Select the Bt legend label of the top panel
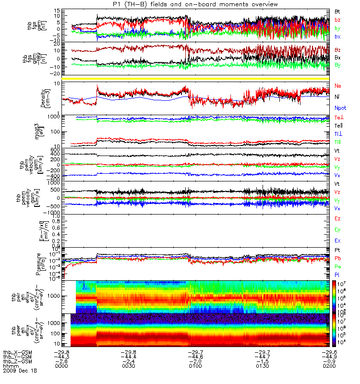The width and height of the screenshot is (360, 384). (x=338, y=11)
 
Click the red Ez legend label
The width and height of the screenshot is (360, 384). (x=338, y=218)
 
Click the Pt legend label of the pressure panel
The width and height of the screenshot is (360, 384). (x=338, y=251)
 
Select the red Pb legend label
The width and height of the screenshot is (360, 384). (x=338, y=258)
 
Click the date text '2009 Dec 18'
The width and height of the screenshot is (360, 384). (x=20, y=371)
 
